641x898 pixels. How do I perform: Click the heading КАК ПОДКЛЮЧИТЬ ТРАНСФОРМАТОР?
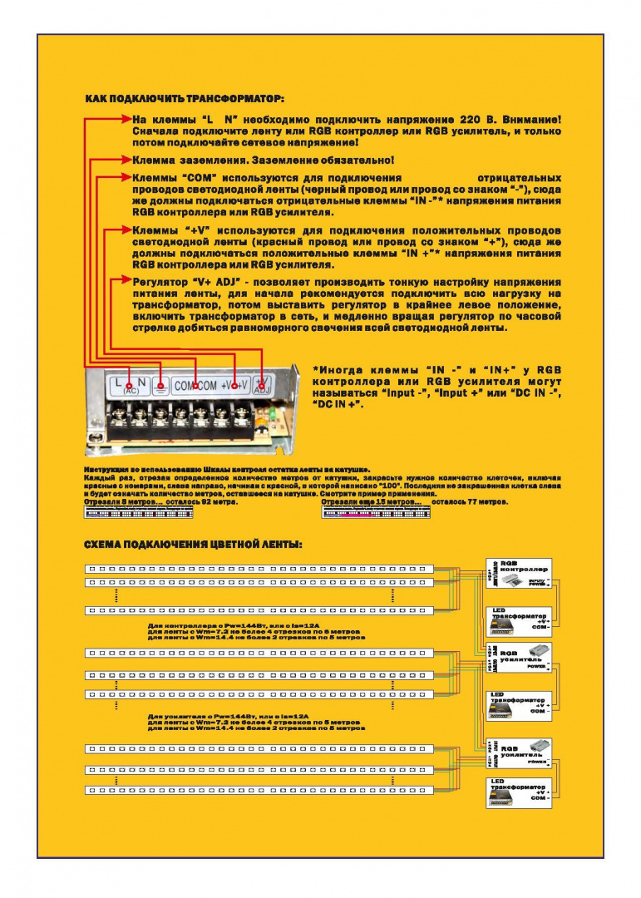(185, 99)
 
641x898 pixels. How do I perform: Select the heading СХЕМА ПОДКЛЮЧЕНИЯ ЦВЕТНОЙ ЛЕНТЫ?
(193, 545)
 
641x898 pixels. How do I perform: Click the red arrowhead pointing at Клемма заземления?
(126, 159)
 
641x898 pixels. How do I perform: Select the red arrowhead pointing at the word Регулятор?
(126, 282)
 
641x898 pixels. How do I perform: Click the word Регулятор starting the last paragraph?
(157, 283)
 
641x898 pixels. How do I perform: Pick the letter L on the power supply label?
(118, 382)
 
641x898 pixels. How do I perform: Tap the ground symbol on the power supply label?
(160, 385)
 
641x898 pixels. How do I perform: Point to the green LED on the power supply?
(268, 413)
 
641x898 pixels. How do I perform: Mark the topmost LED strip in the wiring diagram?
(259, 570)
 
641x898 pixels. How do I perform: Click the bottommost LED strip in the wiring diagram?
(259, 789)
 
